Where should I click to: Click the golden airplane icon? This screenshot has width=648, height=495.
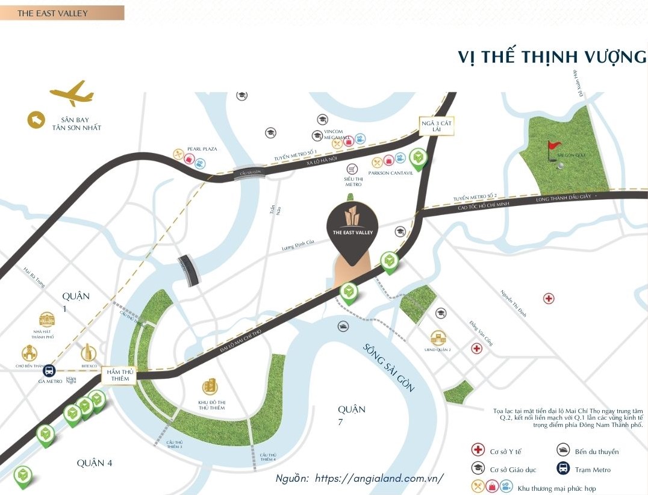coord(72,95)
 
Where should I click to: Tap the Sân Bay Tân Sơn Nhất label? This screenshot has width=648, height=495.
coord(79,123)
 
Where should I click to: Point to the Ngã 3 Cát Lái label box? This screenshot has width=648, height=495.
coord(437,126)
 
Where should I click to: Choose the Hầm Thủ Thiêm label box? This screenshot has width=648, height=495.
coord(119,375)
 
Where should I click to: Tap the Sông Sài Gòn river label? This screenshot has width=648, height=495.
coord(388,367)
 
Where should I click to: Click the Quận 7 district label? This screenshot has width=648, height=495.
coord(351,415)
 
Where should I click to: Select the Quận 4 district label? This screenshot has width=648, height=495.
coord(95,462)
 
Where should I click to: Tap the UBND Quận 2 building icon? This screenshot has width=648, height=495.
coord(438,338)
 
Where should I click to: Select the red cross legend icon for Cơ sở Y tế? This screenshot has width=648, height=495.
coord(478,450)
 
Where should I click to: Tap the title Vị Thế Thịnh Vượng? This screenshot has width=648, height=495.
coord(552,57)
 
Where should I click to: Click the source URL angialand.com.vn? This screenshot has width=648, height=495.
coord(379,478)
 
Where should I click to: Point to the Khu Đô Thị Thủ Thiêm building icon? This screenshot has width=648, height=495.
coord(210,386)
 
